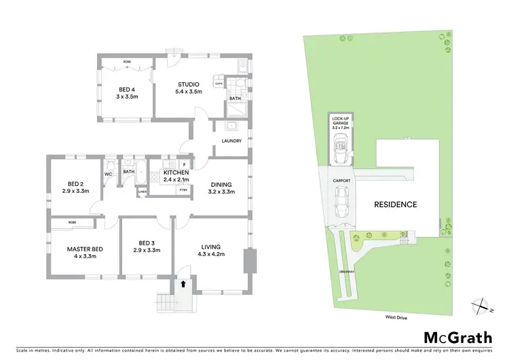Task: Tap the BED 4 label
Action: click(127, 89)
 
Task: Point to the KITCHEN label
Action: click(175, 173)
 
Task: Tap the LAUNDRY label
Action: click(231, 141)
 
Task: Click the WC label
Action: click(109, 174)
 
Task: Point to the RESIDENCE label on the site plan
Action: click(394, 204)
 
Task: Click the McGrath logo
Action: click(458, 337)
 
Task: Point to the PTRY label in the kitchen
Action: click(183, 190)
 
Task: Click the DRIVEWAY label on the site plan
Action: click(346, 272)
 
